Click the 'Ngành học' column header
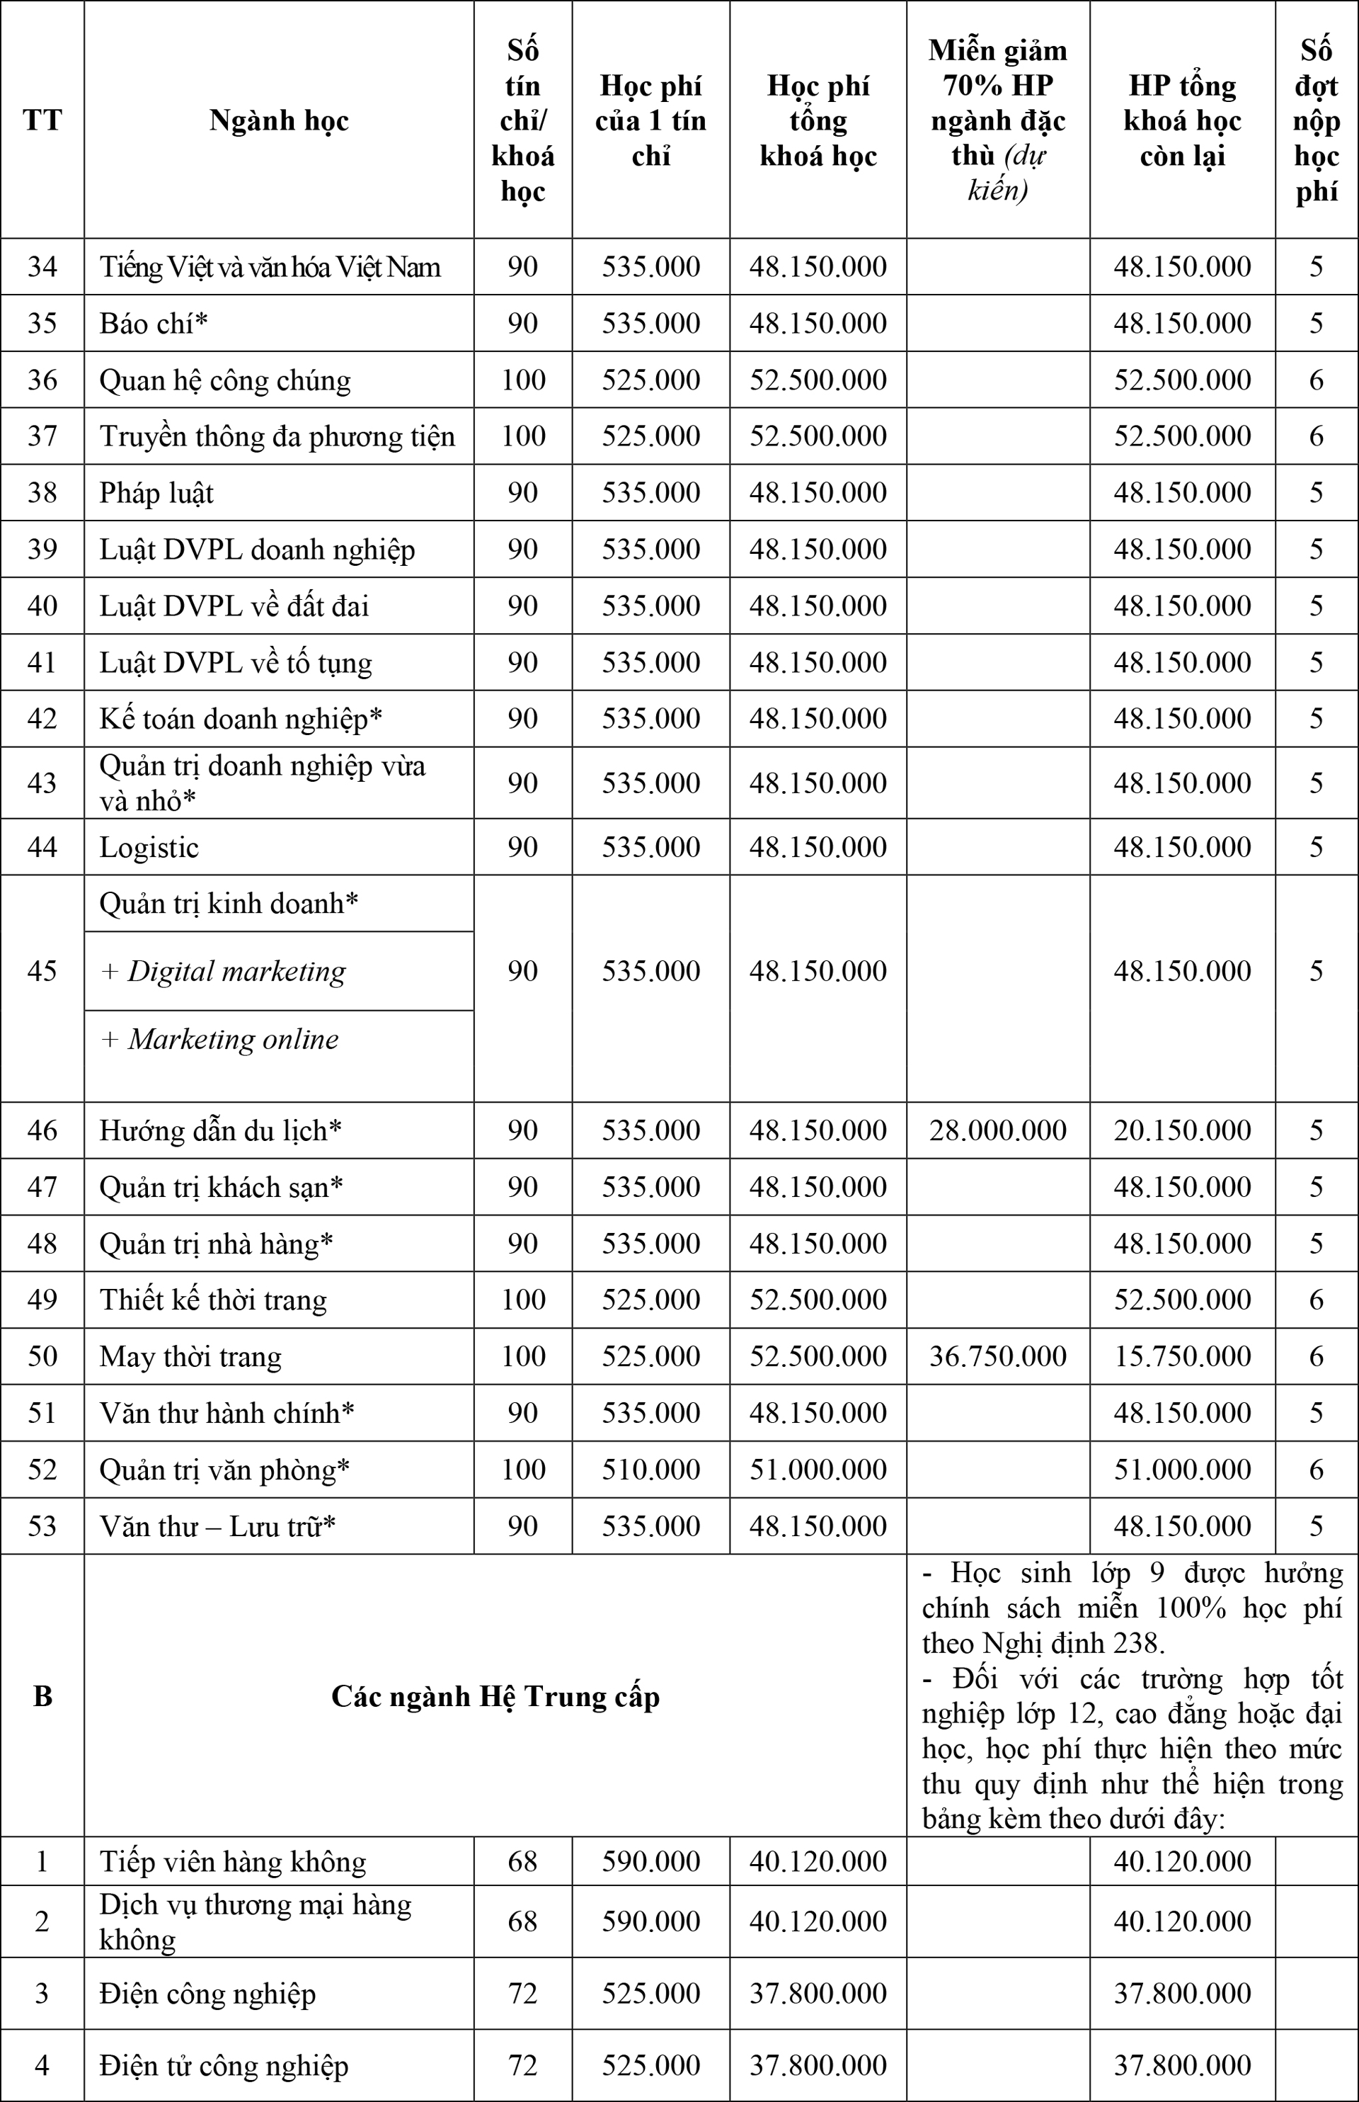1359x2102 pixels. [x=279, y=120]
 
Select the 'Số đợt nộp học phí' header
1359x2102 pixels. [x=1316, y=120]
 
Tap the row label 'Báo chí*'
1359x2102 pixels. [x=154, y=323]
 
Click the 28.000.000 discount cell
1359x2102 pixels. [x=997, y=1130]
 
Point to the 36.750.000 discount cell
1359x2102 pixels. [x=997, y=1356]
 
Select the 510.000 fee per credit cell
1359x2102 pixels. [x=650, y=1469]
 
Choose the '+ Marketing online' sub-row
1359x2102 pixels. [x=219, y=1039]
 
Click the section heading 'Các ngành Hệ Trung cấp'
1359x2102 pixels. [x=495, y=1696]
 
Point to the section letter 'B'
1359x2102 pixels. [x=42, y=1696]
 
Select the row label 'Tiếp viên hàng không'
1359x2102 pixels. [x=232, y=1861]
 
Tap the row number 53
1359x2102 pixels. [x=42, y=1526]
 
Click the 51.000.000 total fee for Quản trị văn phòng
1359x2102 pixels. [x=818, y=1469]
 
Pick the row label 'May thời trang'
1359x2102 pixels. [x=190, y=1356]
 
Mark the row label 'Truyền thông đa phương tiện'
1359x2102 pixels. [x=277, y=436]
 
